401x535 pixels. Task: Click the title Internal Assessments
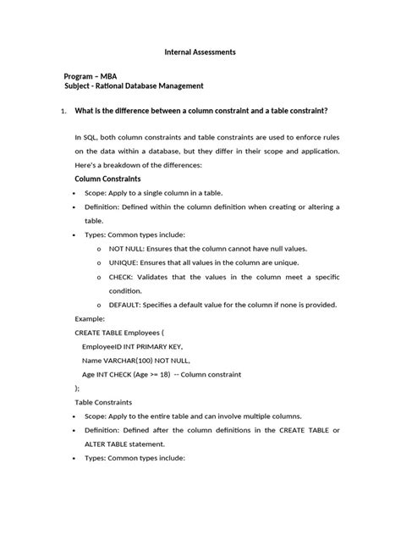(x=200, y=52)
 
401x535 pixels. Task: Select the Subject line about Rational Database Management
(x=134, y=86)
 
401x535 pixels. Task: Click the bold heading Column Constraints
(x=107, y=179)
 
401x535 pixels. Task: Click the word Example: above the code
(x=91, y=319)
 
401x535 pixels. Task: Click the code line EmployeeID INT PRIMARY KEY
(x=132, y=347)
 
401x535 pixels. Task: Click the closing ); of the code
(x=78, y=388)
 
